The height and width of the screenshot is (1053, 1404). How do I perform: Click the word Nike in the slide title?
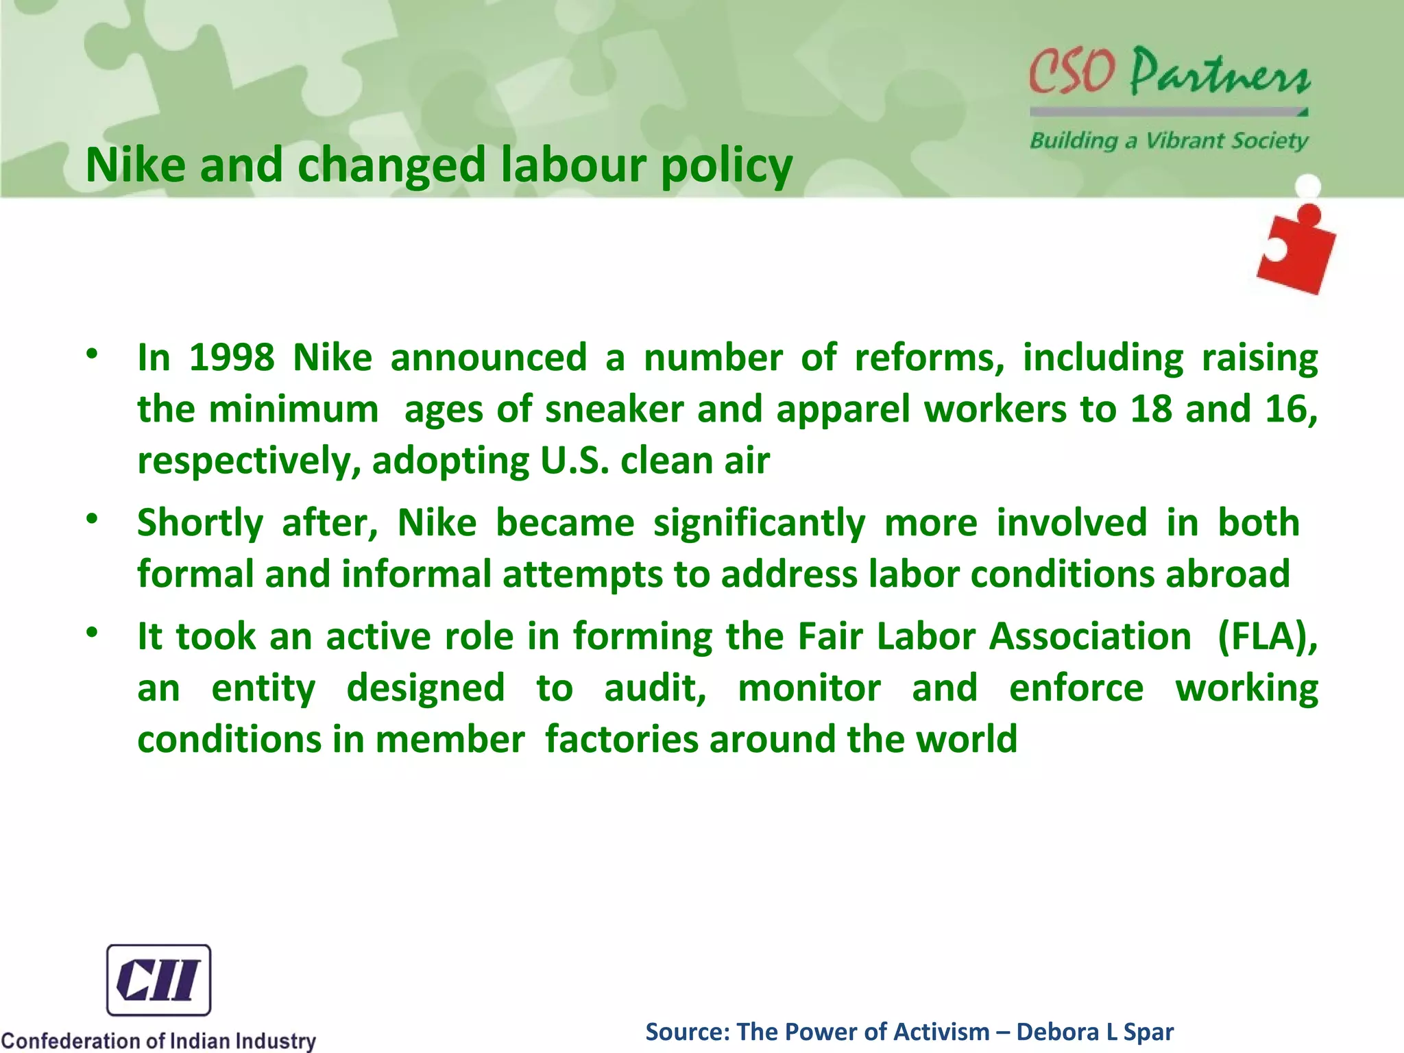click(x=135, y=165)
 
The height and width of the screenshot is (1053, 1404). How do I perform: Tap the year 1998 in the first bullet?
click(x=231, y=358)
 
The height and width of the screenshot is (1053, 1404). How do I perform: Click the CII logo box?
click(x=158, y=980)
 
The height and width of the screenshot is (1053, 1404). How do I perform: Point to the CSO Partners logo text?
click(x=1168, y=72)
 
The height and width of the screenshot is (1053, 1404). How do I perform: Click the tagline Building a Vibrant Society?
click(x=1168, y=141)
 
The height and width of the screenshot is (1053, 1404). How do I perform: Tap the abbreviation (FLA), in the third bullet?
click(x=1267, y=637)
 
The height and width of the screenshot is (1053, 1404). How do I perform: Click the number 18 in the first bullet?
click(x=1150, y=409)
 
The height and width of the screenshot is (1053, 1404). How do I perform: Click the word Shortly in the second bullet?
click(x=199, y=523)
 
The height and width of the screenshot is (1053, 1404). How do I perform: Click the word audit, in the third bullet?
click(x=655, y=688)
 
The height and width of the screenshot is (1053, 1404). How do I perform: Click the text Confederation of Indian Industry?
click(x=158, y=1040)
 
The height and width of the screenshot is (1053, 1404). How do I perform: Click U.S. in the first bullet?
click(x=574, y=461)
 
